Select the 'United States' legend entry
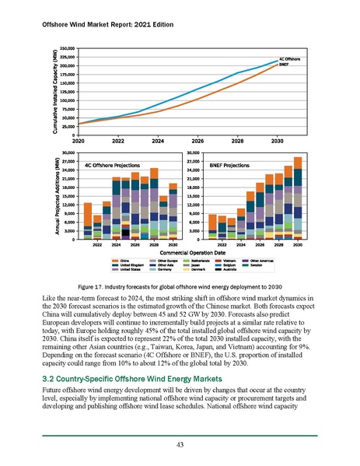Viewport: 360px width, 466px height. (128, 268)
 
